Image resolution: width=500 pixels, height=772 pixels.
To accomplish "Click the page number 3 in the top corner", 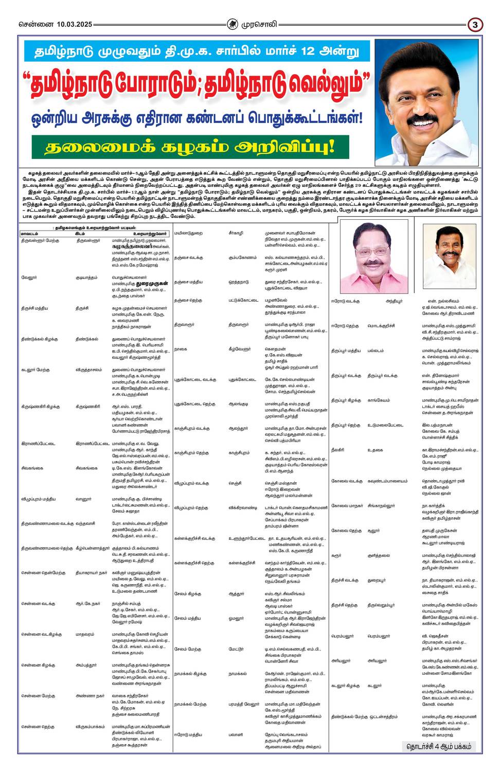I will (475, 24).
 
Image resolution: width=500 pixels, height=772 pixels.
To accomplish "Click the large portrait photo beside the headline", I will (426, 102).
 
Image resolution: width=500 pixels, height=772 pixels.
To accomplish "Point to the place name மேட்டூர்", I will (237, 649).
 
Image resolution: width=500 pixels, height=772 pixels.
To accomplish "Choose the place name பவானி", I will (236, 734).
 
